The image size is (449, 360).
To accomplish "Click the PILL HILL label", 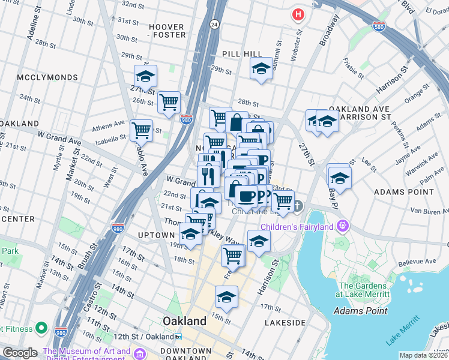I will pos(242,54).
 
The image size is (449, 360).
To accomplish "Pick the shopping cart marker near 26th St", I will pos(169,102).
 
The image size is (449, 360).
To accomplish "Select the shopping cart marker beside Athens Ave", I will pos(141,130).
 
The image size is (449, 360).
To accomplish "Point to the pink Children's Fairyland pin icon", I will pos(343,226).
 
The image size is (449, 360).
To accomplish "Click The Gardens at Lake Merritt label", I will pos(364,290).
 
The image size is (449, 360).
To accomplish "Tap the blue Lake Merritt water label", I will pos(402,332).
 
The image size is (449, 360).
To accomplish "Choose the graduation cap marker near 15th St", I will pos(226,296).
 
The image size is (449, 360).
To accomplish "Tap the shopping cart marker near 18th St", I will pos(232,256).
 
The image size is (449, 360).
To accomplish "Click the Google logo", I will pos(20,353).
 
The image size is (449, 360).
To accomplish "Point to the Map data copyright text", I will pos(423,355).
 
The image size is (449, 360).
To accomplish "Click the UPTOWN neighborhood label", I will pos(156,235).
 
